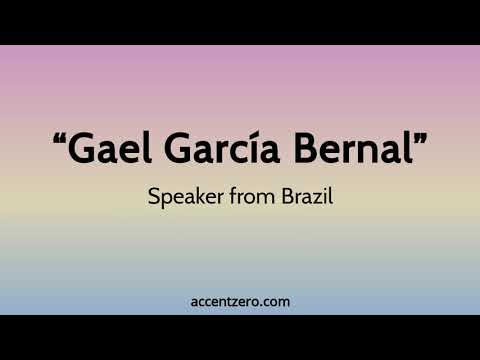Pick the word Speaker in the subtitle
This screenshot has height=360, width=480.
coord(180,197)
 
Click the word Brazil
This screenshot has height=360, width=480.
coord(304,197)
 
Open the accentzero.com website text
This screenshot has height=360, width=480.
coord(240,301)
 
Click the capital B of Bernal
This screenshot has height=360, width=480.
coord(301,150)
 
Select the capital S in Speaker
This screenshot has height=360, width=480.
coord(153,197)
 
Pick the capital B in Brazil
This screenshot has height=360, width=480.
coord(282,197)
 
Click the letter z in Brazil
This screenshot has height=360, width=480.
coord(312,198)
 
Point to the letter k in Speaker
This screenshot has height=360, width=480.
coord(194,197)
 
